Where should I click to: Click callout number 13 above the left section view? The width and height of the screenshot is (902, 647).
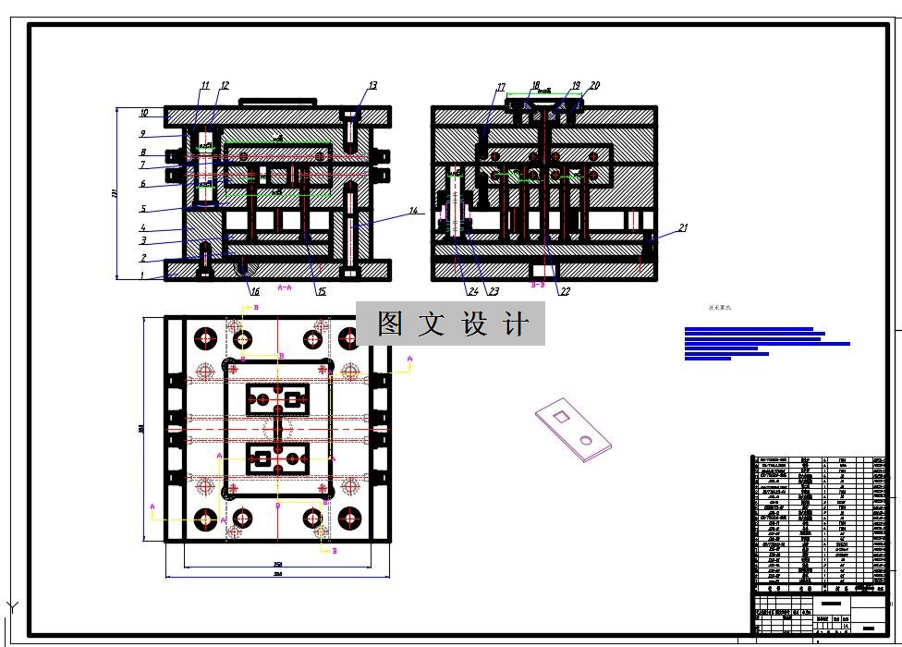point(372,86)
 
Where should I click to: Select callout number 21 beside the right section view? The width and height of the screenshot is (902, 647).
point(683,227)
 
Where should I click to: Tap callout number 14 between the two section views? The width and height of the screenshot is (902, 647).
point(414,211)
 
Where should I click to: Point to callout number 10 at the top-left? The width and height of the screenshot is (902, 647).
point(144,114)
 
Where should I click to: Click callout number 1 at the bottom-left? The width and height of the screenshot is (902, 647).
point(142,275)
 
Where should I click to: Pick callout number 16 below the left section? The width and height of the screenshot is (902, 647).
point(255,291)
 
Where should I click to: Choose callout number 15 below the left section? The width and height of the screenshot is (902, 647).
point(322,292)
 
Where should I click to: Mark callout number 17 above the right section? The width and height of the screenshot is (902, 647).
point(501,89)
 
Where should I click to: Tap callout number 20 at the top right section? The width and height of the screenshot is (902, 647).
point(594,86)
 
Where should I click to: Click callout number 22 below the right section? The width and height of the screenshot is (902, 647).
point(565,292)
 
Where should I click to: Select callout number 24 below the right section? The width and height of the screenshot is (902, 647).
point(473,292)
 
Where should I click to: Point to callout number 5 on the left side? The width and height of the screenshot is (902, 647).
point(143,209)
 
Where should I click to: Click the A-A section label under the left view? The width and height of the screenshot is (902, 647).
point(285,287)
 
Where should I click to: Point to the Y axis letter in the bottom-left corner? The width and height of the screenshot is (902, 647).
point(13,607)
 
